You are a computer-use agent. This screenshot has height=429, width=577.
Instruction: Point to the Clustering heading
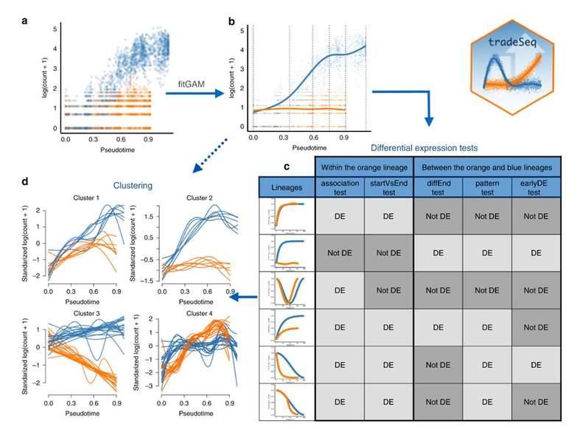133,188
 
